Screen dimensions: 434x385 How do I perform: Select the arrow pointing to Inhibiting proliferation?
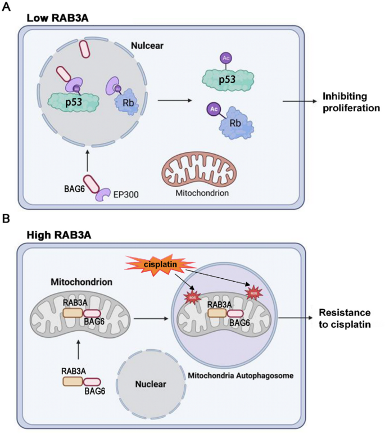(301, 101)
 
